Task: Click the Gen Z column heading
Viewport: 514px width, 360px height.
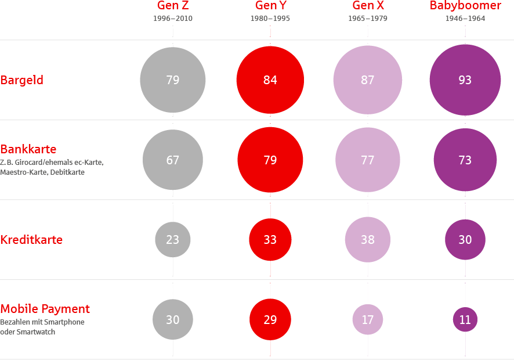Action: [x=173, y=5]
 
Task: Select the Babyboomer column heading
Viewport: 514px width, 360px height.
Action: [x=465, y=6]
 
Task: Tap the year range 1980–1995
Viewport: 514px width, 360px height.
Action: [x=270, y=19]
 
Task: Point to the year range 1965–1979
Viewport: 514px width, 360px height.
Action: [x=367, y=19]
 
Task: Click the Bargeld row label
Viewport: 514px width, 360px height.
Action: [x=21, y=80]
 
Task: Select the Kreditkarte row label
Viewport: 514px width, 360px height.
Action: [x=31, y=240]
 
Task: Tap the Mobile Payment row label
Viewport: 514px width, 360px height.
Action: [x=45, y=309]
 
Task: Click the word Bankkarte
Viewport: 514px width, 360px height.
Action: [x=28, y=149]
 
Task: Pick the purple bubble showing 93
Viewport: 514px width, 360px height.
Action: [x=465, y=80]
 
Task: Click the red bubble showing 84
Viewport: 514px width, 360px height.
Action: [x=270, y=80]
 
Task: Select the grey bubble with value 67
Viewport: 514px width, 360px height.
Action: [x=173, y=160]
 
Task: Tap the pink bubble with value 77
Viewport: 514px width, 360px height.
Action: [x=367, y=160]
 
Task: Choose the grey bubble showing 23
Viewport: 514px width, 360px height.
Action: [x=173, y=240]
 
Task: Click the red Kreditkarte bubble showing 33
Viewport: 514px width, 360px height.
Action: [x=270, y=240]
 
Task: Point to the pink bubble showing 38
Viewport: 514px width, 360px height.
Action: [x=367, y=240]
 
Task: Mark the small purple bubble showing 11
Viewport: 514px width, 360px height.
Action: [x=465, y=319]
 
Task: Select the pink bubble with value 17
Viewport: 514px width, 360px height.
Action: [x=367, y=319]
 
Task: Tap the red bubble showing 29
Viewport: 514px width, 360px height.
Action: [x=270, y=319]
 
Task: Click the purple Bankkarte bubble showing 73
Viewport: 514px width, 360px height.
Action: [x=465, y=160]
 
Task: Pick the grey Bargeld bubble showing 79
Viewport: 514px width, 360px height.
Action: [x=173, y=80]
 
